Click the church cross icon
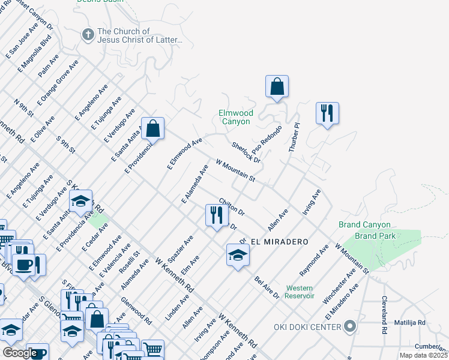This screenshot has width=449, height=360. coord(88,35)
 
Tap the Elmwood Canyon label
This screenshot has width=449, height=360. coord(235,117)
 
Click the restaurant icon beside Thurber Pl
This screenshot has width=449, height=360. coord(327,113)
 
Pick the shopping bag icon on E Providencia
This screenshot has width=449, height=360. coord(153,129)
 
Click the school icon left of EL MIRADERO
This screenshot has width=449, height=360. coord(238,255)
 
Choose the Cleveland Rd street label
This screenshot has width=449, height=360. coord(383,316)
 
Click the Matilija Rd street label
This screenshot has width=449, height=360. coord(409,322)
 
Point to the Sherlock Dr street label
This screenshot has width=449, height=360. coord(246,152)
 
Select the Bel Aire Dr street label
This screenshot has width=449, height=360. coord(267,287)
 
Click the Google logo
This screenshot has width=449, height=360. coord(20,352)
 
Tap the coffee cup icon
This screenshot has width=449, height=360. coord(24,264)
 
